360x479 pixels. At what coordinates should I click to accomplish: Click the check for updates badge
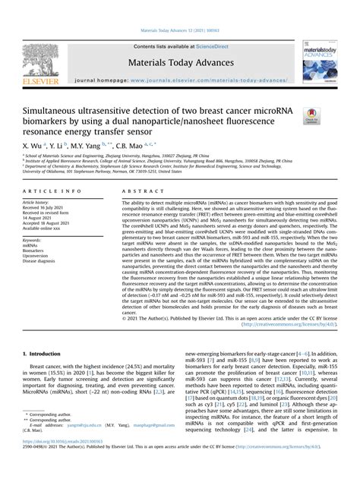pos(311,115)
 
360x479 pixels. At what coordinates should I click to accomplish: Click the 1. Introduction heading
pos(45,353)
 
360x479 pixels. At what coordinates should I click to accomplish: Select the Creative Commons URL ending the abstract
pos(289,323)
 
